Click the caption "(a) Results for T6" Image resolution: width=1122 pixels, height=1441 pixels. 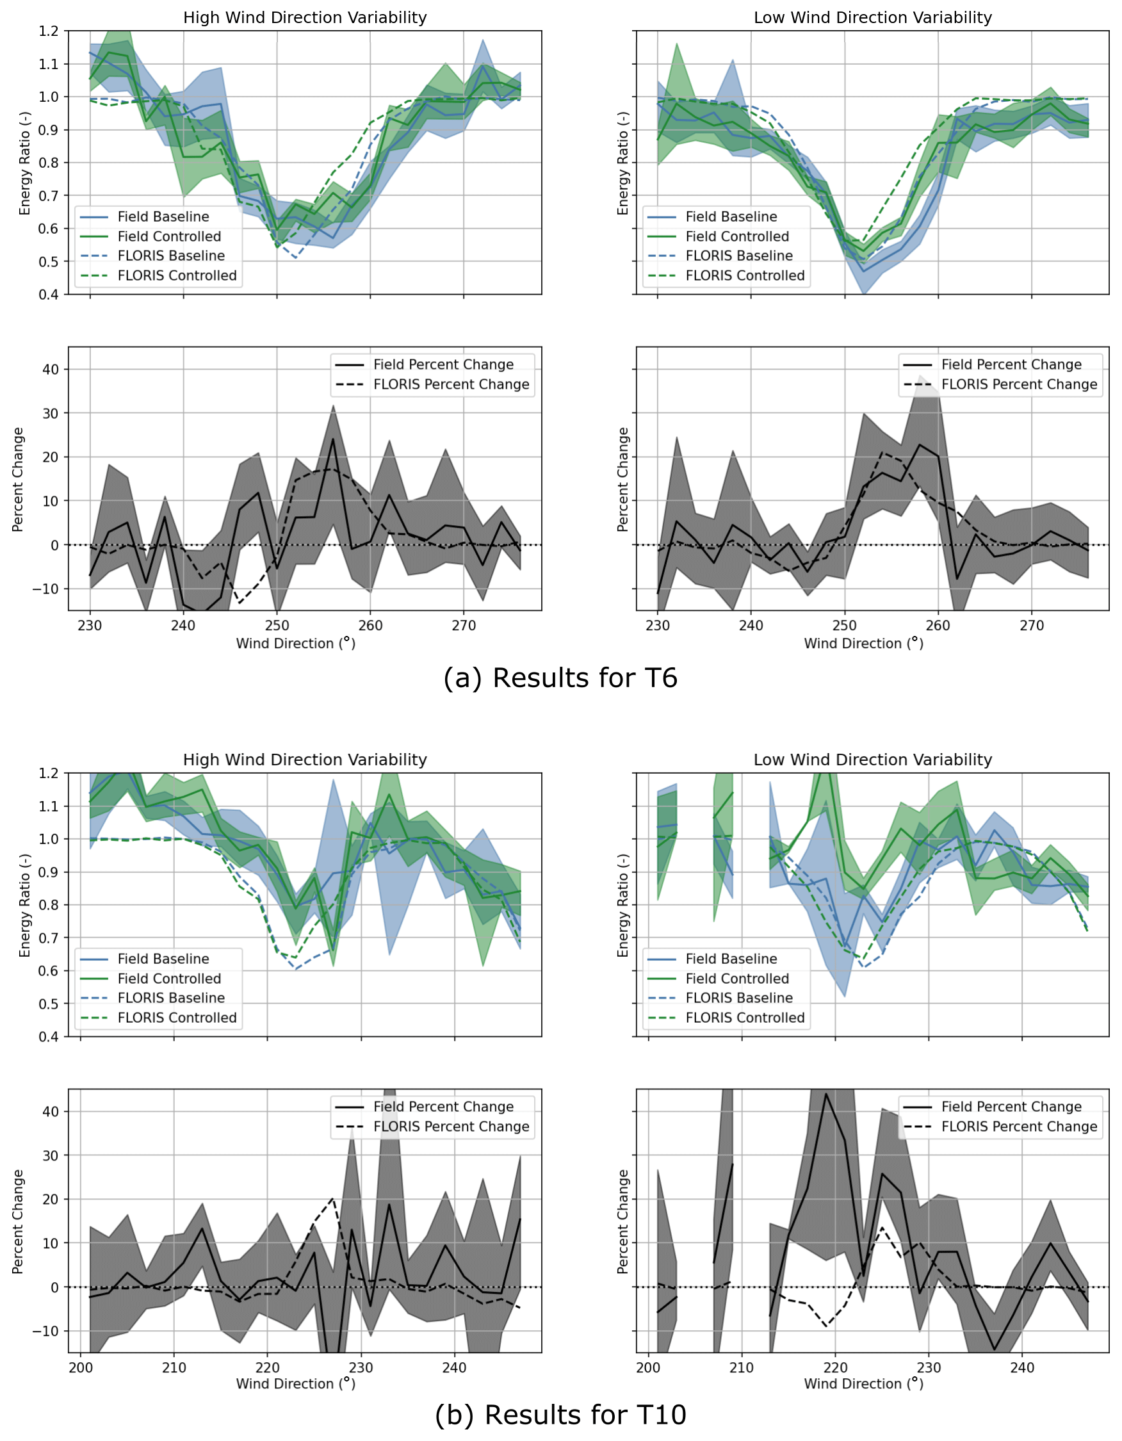tap(560, 678)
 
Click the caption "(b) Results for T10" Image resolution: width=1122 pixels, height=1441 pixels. tap(560, 1415)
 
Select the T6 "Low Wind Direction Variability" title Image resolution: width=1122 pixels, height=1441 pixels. tap(872, 18)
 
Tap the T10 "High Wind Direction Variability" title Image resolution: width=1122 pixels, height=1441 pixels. tap(305, 760)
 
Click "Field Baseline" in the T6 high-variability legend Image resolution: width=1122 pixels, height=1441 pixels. tap(163, 217)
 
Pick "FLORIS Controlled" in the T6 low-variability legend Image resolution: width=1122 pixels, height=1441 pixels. tap(745, 276)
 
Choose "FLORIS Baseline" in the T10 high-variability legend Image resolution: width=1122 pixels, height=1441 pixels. tap(171, 998)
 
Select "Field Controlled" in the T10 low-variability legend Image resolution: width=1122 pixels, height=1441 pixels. tap(736, 979)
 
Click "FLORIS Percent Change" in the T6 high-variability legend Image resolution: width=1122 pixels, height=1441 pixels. tap(451, 385)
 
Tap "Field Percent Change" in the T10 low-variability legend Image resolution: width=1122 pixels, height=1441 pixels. tap(1011, 1107)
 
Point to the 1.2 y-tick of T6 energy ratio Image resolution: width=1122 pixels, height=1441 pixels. tap(49, 31)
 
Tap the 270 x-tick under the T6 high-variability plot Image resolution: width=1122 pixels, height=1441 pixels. tap(464, 626)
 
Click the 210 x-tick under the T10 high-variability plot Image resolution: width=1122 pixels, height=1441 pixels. tap(174, 1367)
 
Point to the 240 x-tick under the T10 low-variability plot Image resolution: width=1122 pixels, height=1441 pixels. tap(1021, 1367)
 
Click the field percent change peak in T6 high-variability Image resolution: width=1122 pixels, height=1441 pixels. tap(333, 439)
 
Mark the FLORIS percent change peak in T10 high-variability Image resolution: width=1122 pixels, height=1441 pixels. tap(332, 1198)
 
